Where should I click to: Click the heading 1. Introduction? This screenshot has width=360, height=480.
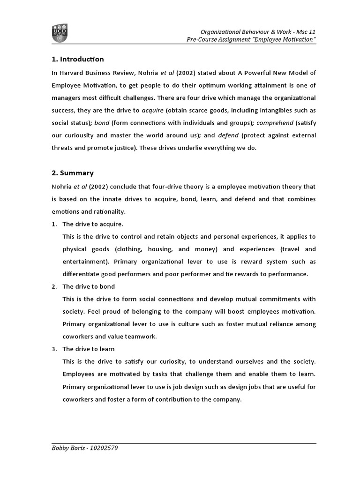(x=77, y=59)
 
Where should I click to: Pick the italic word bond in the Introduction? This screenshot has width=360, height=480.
(x=102, y=123)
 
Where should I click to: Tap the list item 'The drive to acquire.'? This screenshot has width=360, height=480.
(x=93, y=224)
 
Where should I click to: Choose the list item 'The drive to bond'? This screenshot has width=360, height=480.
(x=89, y=286)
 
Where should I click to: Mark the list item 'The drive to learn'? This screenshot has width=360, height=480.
(x=89, y=349)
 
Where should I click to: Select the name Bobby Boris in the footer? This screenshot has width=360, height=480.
(x=67, y=448)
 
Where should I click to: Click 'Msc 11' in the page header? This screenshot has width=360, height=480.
(x=304, y=31)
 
